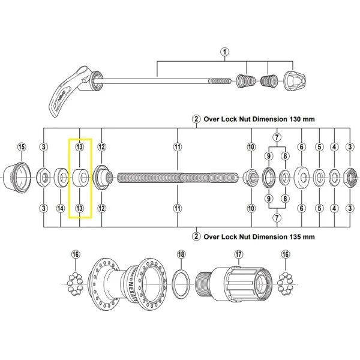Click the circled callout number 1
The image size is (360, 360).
click(225, 52)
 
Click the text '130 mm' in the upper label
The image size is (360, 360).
click(293, 119)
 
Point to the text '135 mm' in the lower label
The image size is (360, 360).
click(293, 236)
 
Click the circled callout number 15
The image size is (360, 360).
click(22, 147)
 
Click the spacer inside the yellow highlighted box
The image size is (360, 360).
click(80, 176)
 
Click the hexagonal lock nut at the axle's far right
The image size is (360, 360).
click(350, 177)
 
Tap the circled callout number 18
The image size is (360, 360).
click(181, 254)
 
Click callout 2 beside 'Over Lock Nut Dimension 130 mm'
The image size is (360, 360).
click(196, 119)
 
